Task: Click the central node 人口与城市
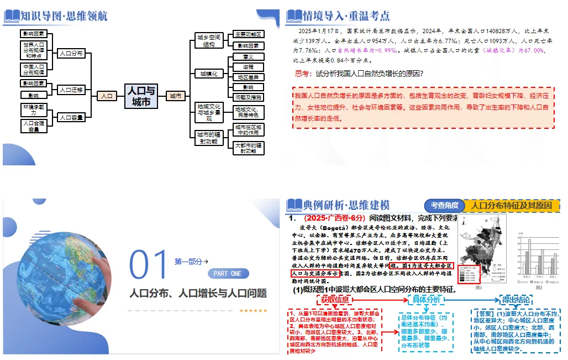pos(141,96)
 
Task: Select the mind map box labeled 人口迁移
pos(71,90)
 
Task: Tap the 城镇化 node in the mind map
pos(208,73)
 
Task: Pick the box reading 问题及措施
pos(248,97)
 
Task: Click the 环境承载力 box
pos(34,108)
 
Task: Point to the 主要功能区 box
pos(248,34)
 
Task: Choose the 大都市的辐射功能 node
pos(248,148)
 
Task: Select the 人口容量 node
pos(71,117)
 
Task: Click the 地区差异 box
pos(248,77)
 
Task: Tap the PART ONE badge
pos(228,274)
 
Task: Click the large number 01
pos(148,265)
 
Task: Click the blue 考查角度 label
pos(445,206)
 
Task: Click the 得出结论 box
pos(516,299)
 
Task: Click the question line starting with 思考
pos(359,74)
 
